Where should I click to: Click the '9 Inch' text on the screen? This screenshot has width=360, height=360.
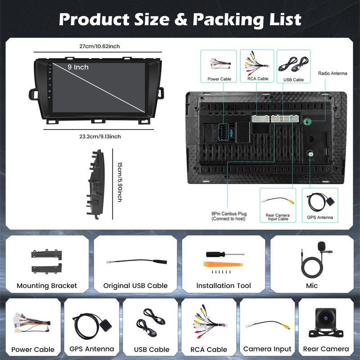(78, 67)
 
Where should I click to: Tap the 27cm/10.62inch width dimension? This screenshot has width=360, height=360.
(99, 46)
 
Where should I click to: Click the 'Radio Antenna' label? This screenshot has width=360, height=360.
(333, 73)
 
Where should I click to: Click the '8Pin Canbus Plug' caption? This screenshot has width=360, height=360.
(229, 216)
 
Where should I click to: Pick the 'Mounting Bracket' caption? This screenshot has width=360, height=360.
(47, 286)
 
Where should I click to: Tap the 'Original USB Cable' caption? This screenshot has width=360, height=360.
(135, 286)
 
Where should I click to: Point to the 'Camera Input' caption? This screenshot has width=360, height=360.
(267, 349)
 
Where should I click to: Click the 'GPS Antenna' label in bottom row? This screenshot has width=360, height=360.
(92, 349)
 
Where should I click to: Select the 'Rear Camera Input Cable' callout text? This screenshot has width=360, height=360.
(277, 217)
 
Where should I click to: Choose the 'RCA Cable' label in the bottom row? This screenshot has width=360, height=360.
(209, 349)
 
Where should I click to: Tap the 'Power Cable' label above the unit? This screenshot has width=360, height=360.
(219, 79)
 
